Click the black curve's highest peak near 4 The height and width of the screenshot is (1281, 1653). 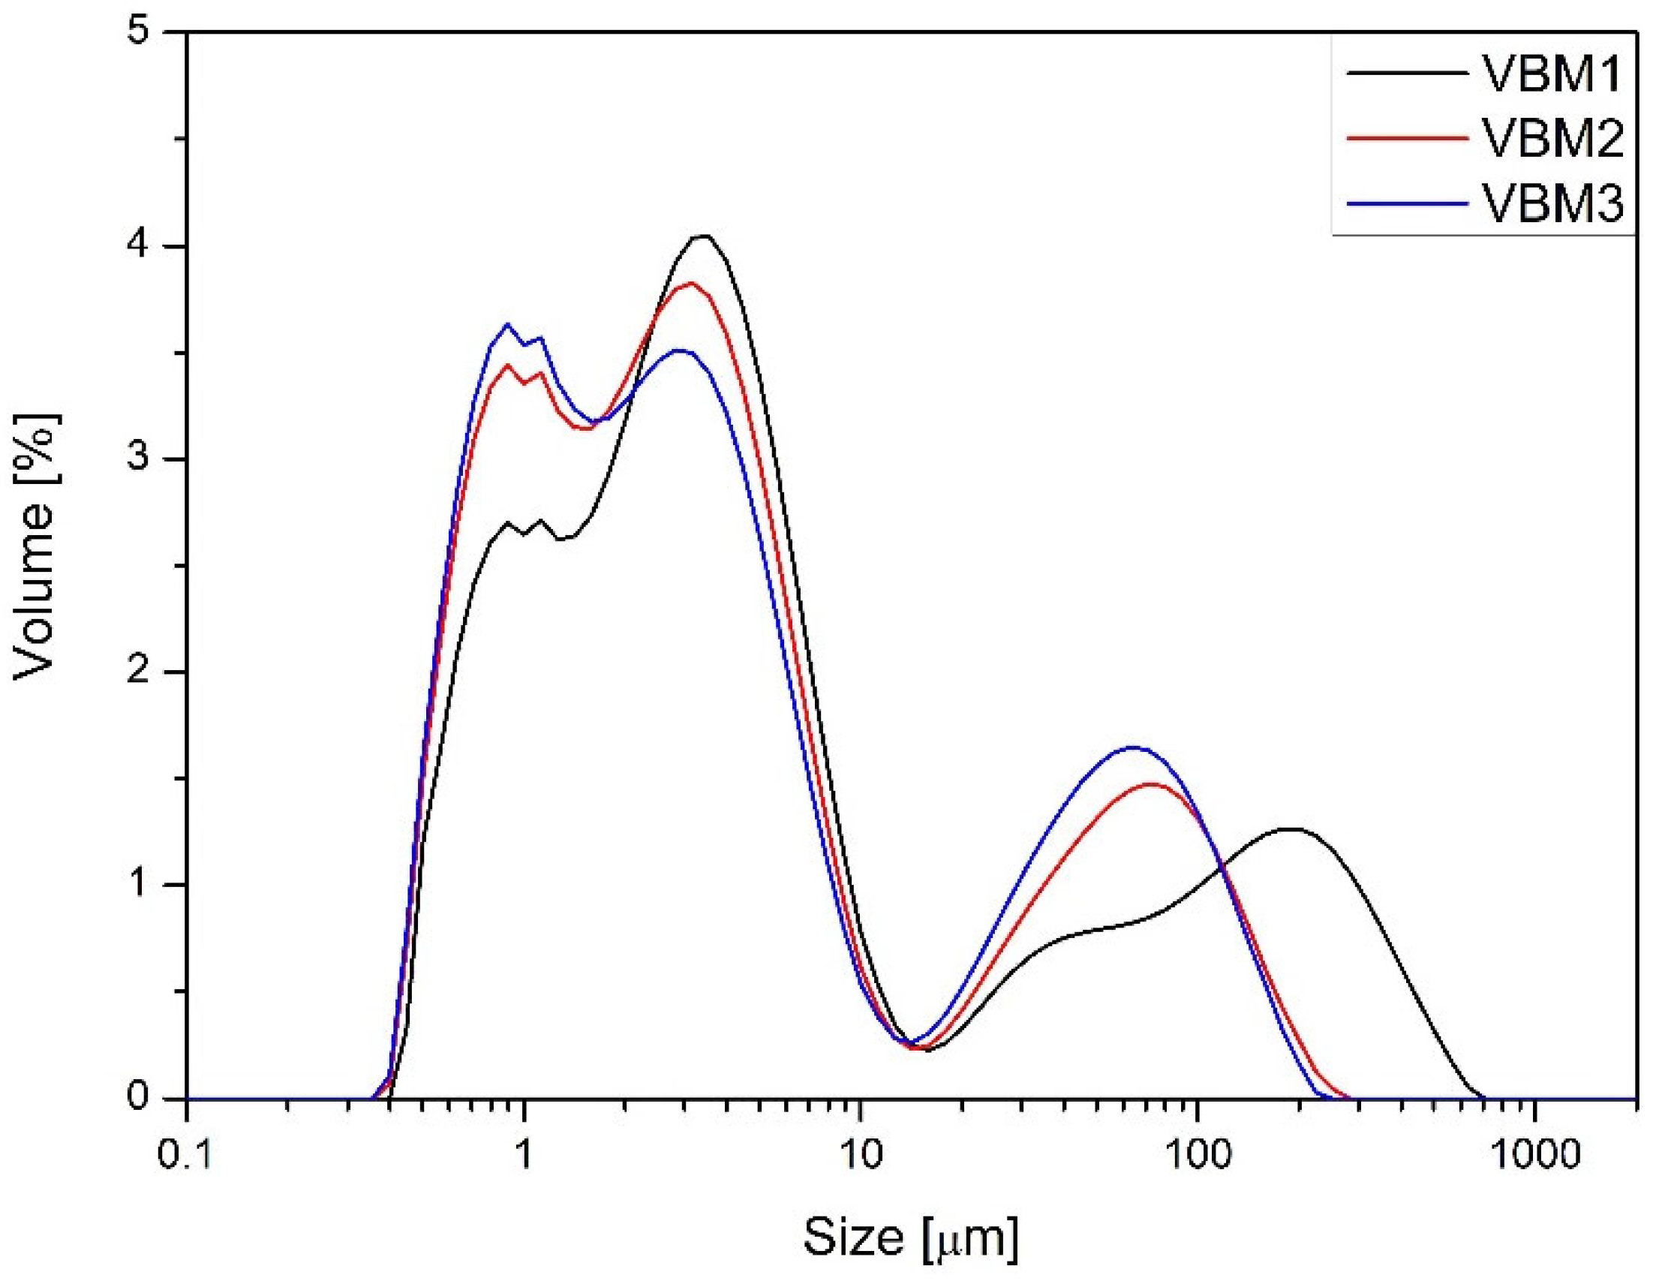coord(704,236)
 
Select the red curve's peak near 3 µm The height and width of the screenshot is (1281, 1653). coord(690,282)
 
